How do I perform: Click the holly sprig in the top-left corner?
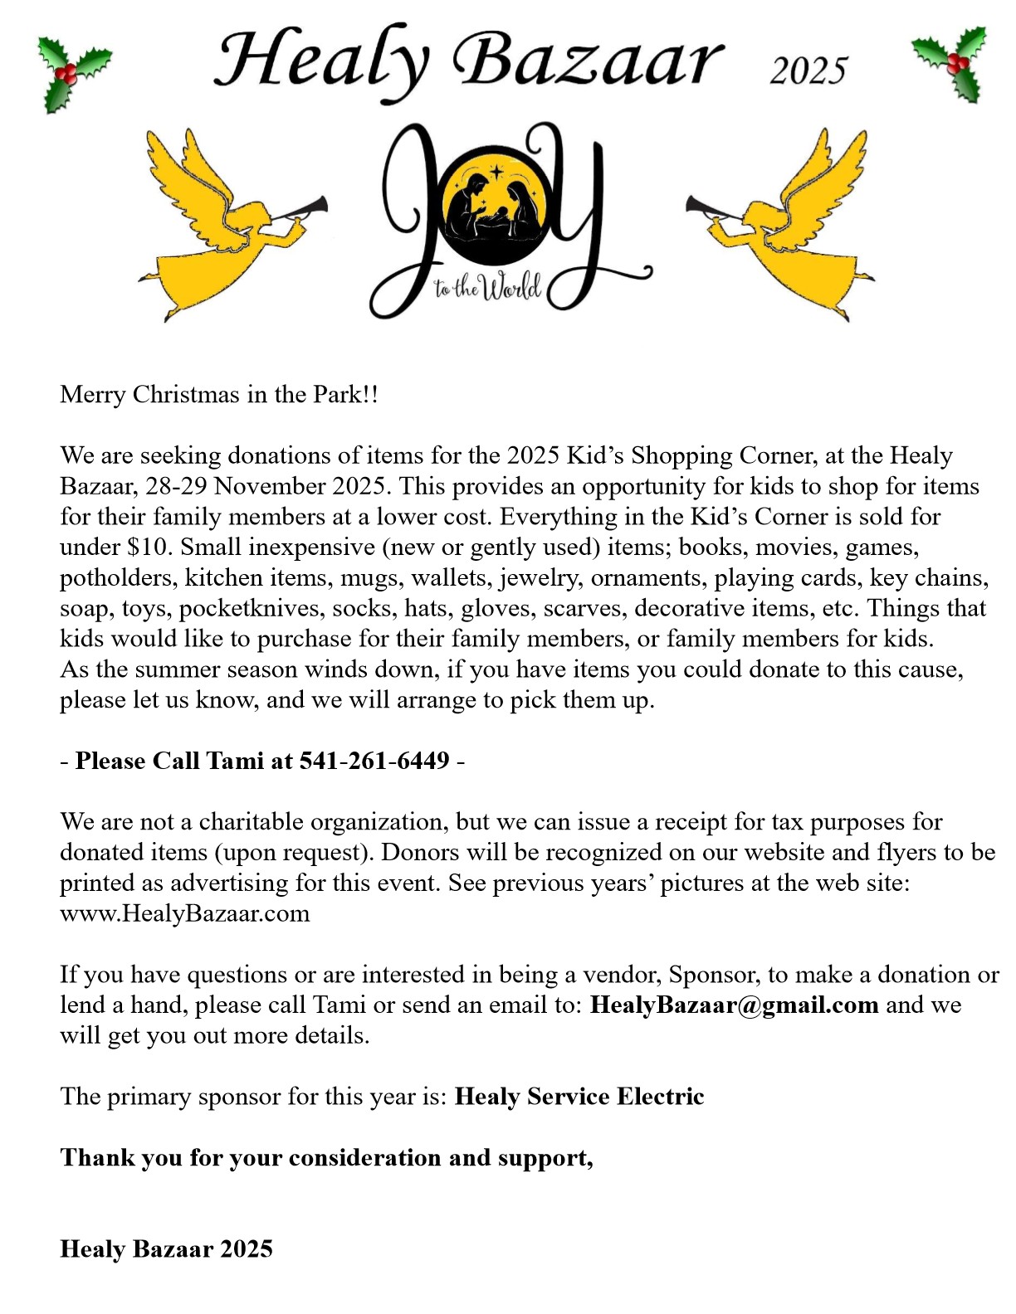[72, 73]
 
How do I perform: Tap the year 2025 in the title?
[808, 71]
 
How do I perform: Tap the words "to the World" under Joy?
[487, 287]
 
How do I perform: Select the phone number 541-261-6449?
[374, 761]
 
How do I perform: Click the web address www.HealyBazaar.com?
[184, 913]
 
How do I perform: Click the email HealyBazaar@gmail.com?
[734, 1005]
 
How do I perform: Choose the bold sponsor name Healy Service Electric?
[579, 1097]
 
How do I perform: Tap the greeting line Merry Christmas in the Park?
[218, 394]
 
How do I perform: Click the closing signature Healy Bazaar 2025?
[166, 1249]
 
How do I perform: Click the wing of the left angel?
[187, 178]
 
